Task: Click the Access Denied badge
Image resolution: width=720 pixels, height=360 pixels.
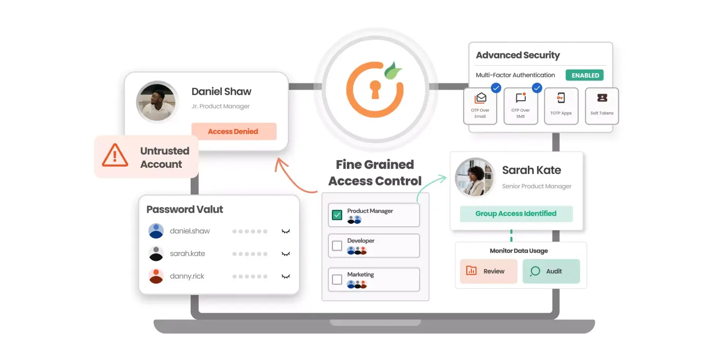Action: point(234,131)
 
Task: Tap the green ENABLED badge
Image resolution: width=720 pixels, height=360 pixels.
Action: point(585,75)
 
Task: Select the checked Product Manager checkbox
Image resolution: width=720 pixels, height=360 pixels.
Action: point(337,215)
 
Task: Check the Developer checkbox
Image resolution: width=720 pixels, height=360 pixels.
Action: point(337,246)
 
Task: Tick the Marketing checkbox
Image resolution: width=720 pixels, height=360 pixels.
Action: point(337,280)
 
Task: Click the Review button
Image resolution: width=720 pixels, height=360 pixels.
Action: point(488,271)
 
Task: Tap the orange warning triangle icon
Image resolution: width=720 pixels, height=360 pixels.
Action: point(115,156)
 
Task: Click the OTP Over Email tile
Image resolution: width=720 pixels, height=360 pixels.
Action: point(480,106)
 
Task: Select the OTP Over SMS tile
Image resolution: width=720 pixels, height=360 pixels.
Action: point(521,106)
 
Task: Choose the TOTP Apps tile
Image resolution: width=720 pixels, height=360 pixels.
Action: point(561,106)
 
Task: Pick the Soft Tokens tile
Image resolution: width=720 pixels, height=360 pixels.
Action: point(602,106)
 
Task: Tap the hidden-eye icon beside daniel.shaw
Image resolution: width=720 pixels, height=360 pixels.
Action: point(286,231)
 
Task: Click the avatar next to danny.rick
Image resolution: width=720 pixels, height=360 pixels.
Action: point(156,276)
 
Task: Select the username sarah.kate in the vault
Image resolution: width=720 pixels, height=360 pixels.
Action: point(187,254)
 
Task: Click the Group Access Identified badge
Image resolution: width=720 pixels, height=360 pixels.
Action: point(516,214)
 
